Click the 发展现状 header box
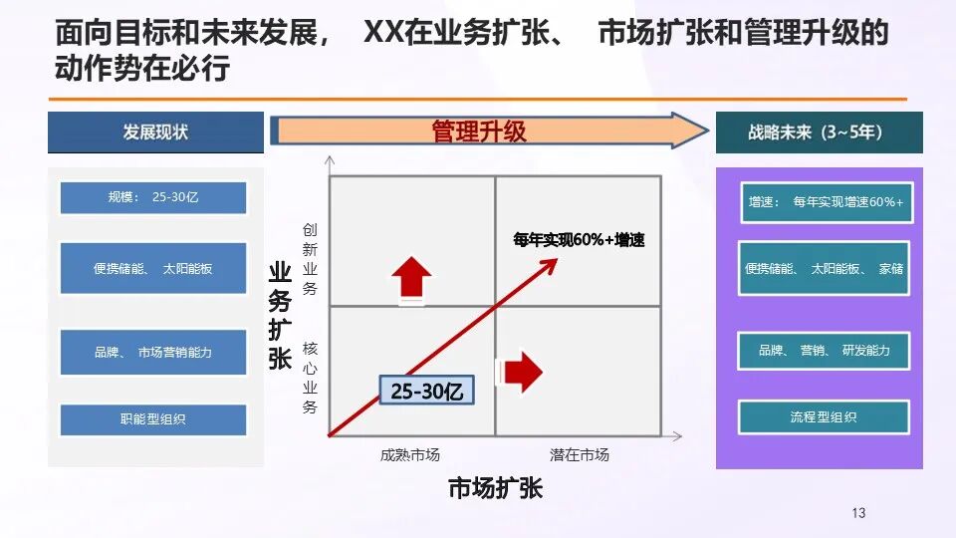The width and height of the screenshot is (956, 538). (155, 133)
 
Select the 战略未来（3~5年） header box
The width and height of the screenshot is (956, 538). (819, 133)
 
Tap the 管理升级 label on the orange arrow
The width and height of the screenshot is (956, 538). (478, 131)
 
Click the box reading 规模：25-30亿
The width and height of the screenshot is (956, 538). (152, 197)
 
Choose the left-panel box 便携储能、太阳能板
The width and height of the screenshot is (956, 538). (152, 268)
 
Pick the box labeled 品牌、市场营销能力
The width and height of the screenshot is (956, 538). (152, 352)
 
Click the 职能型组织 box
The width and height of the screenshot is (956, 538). (152, 419)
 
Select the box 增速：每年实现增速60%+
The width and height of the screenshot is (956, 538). (824, 202)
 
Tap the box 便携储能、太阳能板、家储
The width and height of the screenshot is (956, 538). (824, 268)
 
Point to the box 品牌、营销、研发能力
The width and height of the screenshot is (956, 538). (824, 351)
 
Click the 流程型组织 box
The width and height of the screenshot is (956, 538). (824, 417)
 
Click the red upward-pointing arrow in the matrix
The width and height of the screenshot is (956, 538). (413, 278)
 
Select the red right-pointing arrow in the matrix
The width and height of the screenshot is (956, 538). (521, 373)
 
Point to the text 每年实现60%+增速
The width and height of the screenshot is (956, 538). (579, 240)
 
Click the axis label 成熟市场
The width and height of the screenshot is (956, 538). (409, 455)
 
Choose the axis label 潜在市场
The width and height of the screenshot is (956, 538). (579, 455)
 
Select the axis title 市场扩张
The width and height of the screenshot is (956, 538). (495, 490)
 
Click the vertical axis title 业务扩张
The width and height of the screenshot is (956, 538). (280, 316)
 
